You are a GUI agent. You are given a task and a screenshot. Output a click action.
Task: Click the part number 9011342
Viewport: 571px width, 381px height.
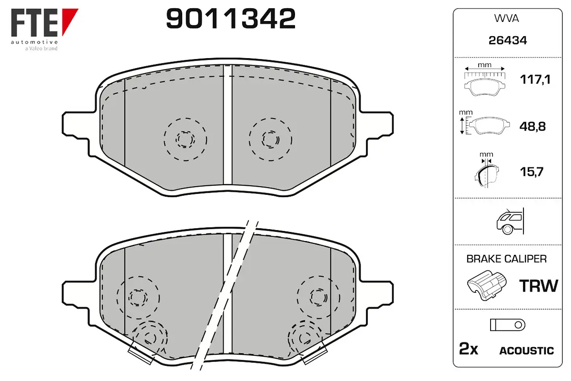(x=231, y=19)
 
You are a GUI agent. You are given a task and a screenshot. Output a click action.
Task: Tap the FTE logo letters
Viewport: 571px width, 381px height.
(x=35, y=23)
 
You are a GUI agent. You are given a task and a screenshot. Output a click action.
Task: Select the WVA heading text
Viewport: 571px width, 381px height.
(x=506, y=19)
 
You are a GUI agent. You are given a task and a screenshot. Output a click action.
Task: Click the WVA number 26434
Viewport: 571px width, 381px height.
(x=508, y=40)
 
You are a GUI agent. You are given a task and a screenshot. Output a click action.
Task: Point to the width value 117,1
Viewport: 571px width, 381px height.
(x=535, y=80)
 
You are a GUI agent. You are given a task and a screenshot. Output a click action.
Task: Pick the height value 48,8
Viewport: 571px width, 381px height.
(x=532, y=126)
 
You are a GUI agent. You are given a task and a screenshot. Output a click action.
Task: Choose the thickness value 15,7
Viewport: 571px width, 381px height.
(x=532, y=172)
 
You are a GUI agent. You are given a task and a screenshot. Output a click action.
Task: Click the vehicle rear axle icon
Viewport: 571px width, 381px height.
(x=510, y=221)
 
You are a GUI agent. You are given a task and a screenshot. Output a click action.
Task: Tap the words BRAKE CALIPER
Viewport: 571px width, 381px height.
(x=506, y=259)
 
